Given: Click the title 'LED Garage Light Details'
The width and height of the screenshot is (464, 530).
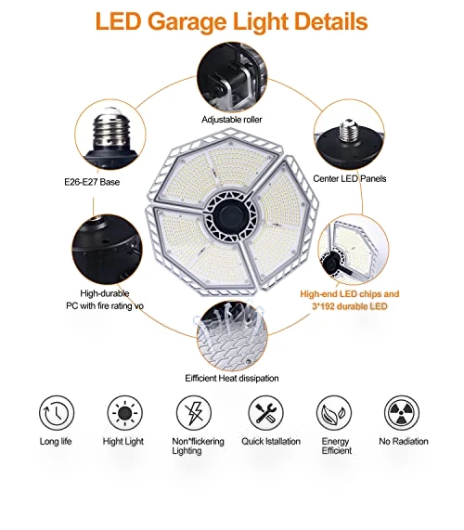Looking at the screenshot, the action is (231, 22).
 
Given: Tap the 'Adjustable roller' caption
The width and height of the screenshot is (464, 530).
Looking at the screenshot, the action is (232, 120).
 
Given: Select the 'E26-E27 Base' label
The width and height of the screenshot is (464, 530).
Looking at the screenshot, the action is (92, 182).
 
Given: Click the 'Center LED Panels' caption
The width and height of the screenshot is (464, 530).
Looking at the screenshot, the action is (350, 178).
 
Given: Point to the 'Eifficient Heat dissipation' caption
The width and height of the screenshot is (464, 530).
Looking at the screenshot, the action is (232, 378).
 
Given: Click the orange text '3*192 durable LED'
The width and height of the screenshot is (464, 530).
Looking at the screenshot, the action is (350, 306).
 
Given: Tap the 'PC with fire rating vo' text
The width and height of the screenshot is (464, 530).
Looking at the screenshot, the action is (105, 306).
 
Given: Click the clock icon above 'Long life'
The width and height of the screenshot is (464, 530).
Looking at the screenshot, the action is (57, 413).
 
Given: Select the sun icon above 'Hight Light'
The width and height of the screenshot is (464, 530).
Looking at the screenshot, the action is (125, 413).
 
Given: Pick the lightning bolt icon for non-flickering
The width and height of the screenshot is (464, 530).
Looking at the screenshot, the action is (194, 413).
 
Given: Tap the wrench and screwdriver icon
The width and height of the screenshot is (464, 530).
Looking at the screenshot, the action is (265, 413).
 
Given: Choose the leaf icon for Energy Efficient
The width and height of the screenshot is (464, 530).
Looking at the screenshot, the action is (334, 413).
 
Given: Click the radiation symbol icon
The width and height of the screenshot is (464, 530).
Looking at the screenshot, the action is (402, 413).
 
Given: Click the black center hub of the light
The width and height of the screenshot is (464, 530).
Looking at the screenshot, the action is (232, 216).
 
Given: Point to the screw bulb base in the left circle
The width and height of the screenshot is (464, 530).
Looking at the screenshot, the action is (110, 130).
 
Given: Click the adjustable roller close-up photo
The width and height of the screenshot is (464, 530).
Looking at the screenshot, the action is (232, 77).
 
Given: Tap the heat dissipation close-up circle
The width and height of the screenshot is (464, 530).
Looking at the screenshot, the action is (232, 336).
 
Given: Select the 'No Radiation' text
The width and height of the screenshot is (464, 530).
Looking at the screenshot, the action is (404, 441).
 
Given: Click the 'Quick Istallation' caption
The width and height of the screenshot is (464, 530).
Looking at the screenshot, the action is (271, 441).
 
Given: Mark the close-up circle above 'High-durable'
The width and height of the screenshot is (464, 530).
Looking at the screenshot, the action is (107, 250).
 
